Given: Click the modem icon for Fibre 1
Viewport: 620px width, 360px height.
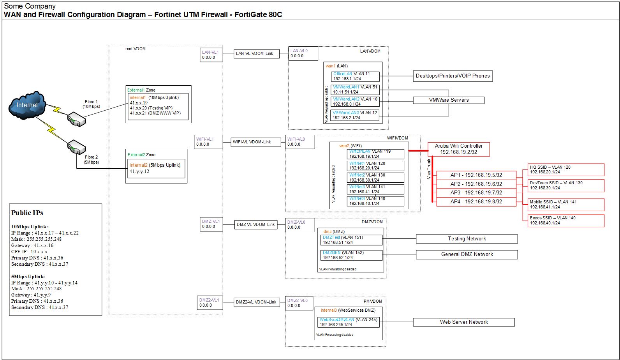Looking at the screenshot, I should pos(76,119).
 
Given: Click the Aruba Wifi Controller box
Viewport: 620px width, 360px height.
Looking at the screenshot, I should pos(458,149).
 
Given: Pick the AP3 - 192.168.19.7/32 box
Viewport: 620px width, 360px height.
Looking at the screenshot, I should pos(476,192).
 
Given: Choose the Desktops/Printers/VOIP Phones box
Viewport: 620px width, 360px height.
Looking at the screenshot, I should pos(453,76).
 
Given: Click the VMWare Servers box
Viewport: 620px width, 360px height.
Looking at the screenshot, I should pos(449,100).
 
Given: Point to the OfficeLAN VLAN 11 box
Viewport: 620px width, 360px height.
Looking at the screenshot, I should pos(355,76).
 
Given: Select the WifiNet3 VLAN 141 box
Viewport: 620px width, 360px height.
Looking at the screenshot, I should pos(375,189).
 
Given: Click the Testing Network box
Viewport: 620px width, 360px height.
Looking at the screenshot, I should pos(467,239).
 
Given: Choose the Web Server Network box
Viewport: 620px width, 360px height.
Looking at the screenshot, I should pos(463,322).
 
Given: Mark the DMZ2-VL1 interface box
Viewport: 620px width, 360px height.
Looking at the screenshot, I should pos(210,303).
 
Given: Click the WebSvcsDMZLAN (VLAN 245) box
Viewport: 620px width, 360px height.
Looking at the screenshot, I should pos(348,322).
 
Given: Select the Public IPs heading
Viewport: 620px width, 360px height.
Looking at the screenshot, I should pos(27,213).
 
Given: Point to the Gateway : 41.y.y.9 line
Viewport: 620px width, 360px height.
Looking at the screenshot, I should pos(31,295).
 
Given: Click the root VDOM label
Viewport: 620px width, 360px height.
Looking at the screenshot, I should pos(136,49).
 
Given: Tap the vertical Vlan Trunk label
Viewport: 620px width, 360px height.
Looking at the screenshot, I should pos(429,169).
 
